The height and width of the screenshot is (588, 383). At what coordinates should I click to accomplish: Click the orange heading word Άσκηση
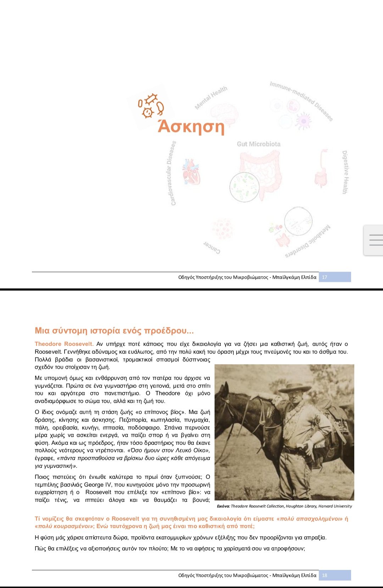click(x=191, y=127)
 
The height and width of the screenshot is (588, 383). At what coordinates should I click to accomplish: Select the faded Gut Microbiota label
click(x=259, y=144)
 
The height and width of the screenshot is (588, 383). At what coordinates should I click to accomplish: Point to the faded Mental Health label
click(x=211, y=97)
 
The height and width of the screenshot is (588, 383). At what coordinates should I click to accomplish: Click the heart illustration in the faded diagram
click(x=191, y=172)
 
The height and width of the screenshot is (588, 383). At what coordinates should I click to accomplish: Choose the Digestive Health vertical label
click(x=345, y=172)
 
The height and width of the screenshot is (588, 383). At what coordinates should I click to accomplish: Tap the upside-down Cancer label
click(x=212, y=247)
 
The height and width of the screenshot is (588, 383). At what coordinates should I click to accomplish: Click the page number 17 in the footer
click(x=324, y=277)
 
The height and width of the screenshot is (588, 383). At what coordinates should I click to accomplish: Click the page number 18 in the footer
click(x=324, y=575)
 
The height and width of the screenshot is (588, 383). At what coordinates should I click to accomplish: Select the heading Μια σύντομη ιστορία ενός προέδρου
click(x=114, y=331)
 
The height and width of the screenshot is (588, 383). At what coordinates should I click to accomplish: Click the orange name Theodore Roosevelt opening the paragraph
click(x=64, y=344)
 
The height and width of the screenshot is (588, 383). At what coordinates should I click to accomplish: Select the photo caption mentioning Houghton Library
click(x=284, y=506)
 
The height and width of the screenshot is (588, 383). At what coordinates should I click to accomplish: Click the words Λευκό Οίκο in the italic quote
click(x=190, y=450)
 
